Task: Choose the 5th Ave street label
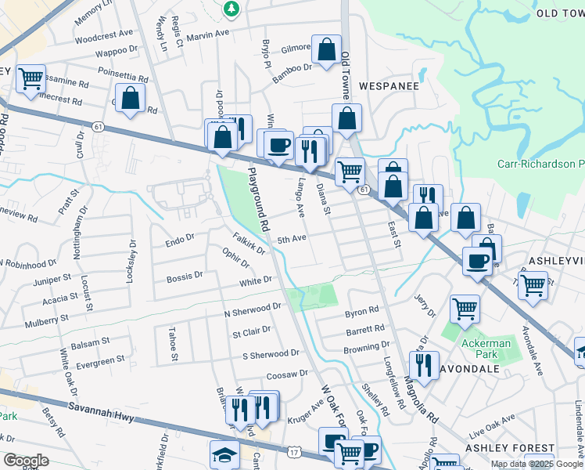point(291,239)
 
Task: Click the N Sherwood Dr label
point(252,309)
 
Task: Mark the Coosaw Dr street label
point(287,374)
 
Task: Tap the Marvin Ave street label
point(209,33)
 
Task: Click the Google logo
point(25,460)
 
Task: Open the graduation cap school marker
point(224,454)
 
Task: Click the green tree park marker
point(231,9)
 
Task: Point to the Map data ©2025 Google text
point(536,464)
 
